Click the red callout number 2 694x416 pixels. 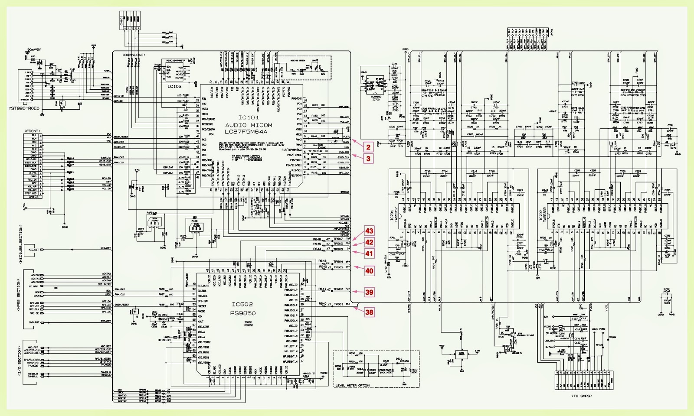coord(368,147)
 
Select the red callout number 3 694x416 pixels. coord(368,159)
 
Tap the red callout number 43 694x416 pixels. coord(369,231)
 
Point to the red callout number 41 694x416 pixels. coord(369,254)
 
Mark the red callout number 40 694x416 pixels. coord(369,271)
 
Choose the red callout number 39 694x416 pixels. coord(369,292)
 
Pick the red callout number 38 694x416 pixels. coord(369,312)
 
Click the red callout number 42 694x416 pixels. coord(369,243)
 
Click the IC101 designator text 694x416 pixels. coord(249,118)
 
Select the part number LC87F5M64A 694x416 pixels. coord(246,132)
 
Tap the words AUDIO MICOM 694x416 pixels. coord(249,125)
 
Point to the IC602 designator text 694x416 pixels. coord(242,305)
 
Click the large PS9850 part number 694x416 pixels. coord(243,313)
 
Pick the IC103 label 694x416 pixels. coord(174,87)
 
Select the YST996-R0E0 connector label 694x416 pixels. coord(24,108)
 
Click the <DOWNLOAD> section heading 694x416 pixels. coord(134,55)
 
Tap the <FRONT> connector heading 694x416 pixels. coord(33,131)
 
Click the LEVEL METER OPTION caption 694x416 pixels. coord(353,385)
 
